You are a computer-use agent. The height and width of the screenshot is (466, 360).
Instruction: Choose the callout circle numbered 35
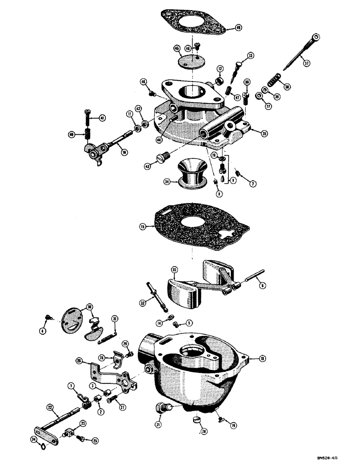tap(264, 133)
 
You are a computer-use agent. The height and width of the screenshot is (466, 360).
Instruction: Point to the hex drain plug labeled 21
tap(162, 409)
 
